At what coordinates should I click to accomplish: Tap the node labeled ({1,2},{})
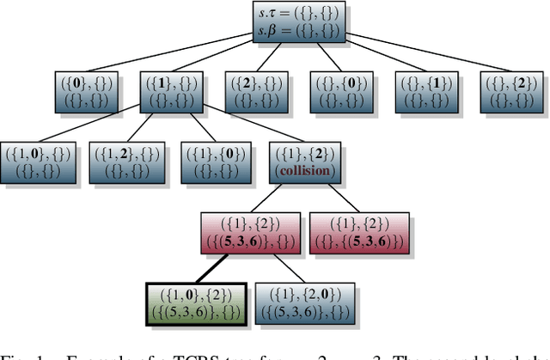pyautogui.click(x=125, y=162)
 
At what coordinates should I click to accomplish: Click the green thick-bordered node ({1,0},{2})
pyautogui.click(x=197, y=303)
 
